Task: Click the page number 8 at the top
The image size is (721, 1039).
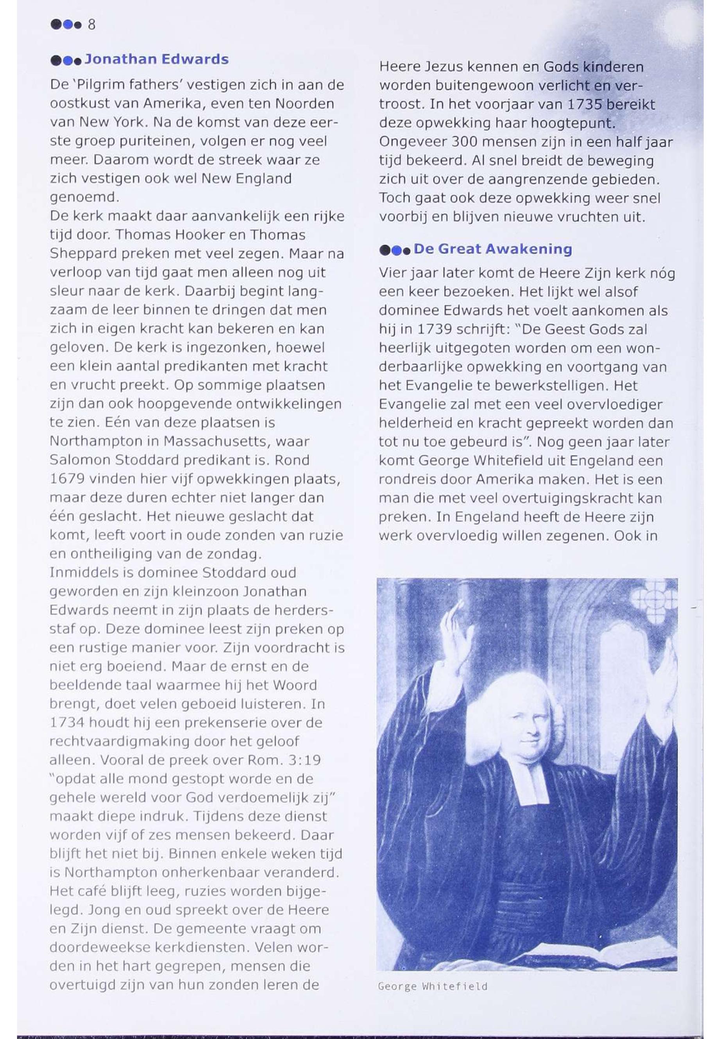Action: pos(92,24)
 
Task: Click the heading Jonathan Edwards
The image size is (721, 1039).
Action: pos(156,59)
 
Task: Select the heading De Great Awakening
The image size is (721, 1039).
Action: pos(492,249)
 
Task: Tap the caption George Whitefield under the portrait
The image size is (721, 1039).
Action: pos(432,987)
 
